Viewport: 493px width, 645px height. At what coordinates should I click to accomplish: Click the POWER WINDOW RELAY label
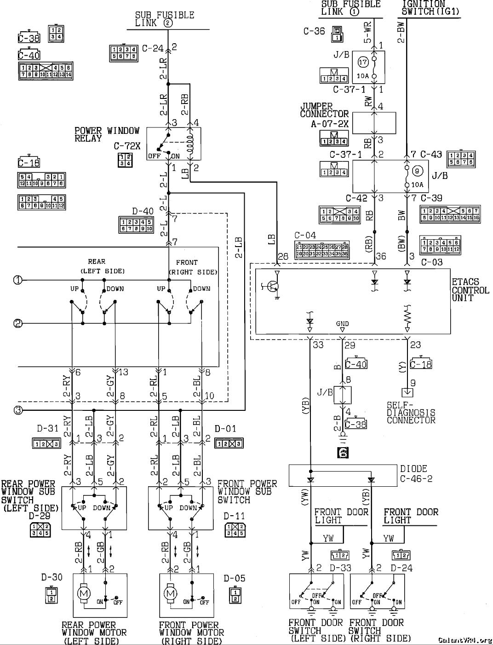tap(107, 134)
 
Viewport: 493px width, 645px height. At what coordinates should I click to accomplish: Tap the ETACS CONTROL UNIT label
tap(470, 290)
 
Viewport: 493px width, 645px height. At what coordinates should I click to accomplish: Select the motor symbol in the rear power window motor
tap(84, 593)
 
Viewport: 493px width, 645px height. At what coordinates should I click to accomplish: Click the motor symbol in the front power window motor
tap(170, 593)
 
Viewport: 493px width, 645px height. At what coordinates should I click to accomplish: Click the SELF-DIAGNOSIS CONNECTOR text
tap(411, 413)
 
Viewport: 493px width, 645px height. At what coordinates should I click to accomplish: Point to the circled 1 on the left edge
tap(17, 280)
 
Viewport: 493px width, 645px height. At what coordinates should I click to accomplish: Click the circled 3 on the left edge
tap(17, 410)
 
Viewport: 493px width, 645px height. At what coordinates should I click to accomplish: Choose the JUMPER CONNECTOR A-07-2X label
tap(324, 115)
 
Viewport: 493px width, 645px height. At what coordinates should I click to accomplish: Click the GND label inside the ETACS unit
tap(342, 323)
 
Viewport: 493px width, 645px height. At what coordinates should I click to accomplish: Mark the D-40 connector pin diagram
tap(136, 225)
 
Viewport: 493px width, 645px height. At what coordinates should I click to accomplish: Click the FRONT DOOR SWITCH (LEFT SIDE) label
tap(316, 630)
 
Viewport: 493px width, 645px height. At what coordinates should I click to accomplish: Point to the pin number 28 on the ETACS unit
tap(283, 256)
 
